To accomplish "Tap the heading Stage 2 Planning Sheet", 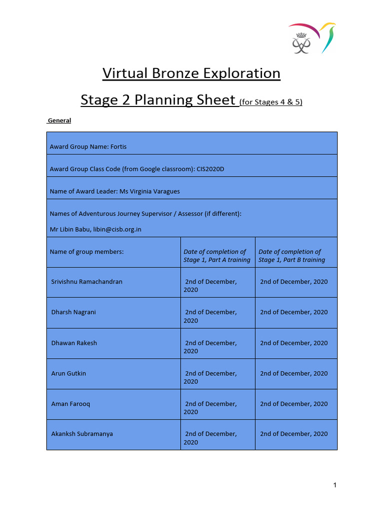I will point(158,100).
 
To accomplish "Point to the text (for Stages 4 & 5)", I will point(271,102).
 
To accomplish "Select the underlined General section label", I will point(59,120).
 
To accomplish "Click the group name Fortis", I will point(121,147).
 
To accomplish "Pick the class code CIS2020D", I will point(210,169).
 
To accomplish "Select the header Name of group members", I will point(86,252).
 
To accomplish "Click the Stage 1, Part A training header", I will point(216,256).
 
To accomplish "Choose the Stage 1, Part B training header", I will point(291,256).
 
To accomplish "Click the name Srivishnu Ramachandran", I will point(86,282).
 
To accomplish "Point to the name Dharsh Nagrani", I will point(73,312).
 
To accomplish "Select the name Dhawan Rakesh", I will point(74,343).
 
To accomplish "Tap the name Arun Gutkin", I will point(68,373).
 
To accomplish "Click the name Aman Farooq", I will point(70,404).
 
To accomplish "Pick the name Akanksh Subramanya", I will point(82,434).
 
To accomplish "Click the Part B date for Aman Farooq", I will point(293,404).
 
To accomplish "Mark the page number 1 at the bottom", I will point(335,485).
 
